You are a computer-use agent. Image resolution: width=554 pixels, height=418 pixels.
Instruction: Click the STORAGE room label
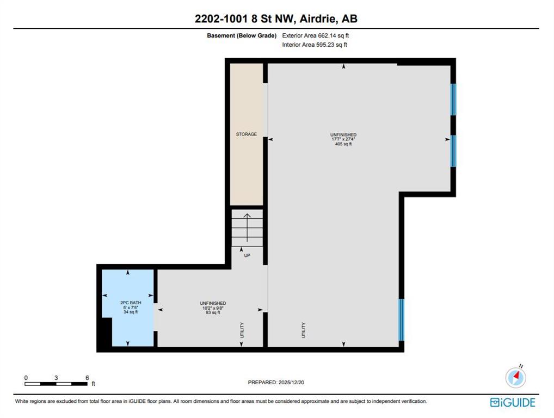(247, 134)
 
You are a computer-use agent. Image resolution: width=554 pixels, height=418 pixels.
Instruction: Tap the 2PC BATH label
(131, 303)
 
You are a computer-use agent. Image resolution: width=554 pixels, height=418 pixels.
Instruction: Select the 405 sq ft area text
(343, 144)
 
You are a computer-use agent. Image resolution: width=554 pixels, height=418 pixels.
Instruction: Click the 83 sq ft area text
(213, 312)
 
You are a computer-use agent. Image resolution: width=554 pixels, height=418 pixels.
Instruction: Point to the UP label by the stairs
(247, 255)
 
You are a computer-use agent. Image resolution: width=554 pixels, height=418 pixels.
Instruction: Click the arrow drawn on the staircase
(247, 228)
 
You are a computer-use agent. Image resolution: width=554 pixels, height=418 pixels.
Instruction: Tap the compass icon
(516, 377)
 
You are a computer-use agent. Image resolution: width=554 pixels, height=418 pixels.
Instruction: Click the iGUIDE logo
(513, 402)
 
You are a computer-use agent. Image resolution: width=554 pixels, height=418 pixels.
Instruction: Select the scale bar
(56, 384)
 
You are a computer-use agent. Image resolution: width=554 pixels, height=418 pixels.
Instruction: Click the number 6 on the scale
(87, 378)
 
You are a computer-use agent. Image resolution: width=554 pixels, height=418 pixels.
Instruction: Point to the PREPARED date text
(276, 382)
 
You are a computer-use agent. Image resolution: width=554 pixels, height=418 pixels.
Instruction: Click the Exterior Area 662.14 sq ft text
(316, 35)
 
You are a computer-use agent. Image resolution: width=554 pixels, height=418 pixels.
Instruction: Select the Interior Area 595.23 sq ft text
(315, 45)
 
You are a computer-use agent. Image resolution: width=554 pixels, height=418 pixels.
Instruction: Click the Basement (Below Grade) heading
(242, 35)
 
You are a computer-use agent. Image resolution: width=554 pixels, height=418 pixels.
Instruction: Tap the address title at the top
(276, 19)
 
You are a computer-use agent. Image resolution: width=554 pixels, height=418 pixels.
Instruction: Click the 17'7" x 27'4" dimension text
(343, 139)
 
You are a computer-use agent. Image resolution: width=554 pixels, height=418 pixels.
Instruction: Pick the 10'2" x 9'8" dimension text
(213, 308)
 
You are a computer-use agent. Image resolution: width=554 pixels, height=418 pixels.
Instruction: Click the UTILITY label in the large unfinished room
(304, 330)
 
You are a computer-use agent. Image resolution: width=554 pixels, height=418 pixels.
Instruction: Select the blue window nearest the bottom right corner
(402, 320)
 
